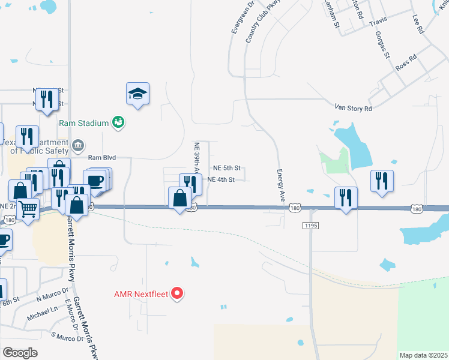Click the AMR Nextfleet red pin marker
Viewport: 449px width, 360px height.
[177, 293]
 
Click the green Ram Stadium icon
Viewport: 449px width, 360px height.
[118, 122]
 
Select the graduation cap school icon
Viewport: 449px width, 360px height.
[137, 94]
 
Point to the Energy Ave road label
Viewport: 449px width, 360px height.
[280, 185]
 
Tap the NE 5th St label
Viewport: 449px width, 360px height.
[227, 168]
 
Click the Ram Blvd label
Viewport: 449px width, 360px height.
[101, 158]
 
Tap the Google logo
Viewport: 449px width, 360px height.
[20, 352]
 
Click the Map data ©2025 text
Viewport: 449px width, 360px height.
[423, 355]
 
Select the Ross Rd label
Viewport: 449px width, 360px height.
[406, 64]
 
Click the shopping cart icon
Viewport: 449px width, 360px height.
[27, 209]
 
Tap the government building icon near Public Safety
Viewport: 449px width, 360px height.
[77, 145]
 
